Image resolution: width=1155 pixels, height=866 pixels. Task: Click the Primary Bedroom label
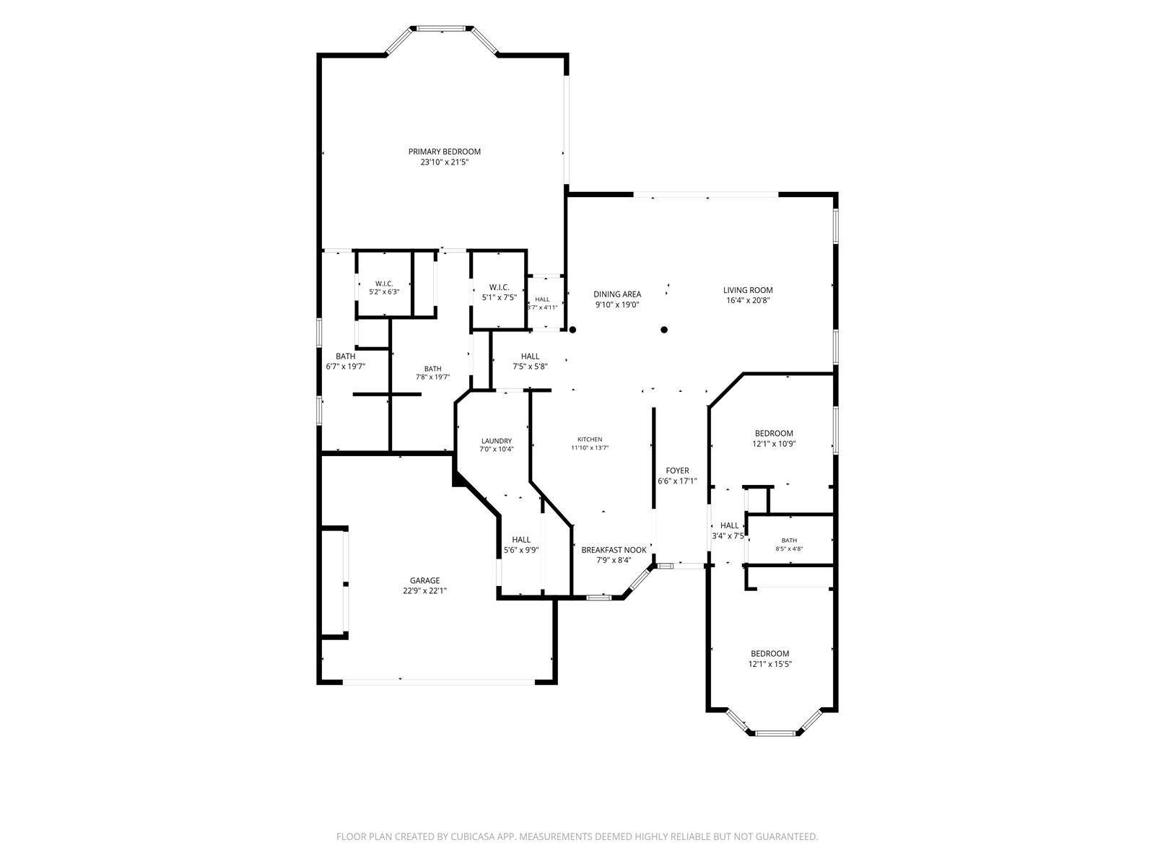[444, 152]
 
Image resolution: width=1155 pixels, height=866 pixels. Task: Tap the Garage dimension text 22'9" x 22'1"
[424, 590]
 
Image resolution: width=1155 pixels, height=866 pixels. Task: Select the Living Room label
[748, 290]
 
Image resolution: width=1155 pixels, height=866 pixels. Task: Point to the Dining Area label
[617, 294]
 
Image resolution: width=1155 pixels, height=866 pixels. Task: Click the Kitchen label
[590, 439]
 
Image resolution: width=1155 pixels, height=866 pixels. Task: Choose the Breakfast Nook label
[614, 550]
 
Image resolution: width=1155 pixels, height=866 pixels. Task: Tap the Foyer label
[677, 471]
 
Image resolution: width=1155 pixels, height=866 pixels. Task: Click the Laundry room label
[496, 441]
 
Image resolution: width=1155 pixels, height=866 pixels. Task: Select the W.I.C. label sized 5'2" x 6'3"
[384, 284]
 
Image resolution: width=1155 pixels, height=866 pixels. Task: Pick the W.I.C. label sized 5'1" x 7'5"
[499, 287]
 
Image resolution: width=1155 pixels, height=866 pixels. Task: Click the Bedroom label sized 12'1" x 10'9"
[774, 433]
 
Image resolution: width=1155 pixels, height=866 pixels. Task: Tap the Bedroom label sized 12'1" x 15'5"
[770, 654]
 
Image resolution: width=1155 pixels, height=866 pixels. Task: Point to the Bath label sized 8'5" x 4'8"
[789, 541]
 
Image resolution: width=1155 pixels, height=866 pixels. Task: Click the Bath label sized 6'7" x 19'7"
[345, 357]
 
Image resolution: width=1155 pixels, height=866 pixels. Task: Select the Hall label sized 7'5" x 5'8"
[530, 357]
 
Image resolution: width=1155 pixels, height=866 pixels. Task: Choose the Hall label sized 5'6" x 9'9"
[521, 540]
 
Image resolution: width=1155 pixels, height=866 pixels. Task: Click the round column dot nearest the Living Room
[664, 330]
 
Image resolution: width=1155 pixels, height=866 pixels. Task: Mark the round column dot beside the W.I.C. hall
[572, 330]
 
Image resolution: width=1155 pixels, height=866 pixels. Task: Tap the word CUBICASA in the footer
[473, 836]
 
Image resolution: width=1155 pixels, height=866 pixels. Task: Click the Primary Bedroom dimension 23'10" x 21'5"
[444, 162]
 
